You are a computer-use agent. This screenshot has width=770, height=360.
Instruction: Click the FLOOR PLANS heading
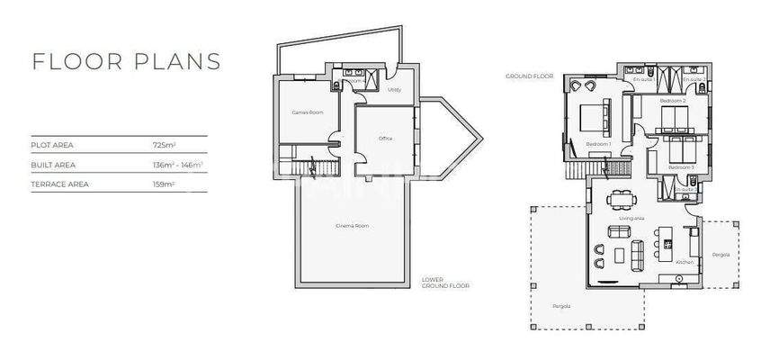126,61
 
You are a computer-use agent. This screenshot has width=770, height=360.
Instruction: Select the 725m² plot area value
165,144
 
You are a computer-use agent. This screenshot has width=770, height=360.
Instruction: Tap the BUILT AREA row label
53,165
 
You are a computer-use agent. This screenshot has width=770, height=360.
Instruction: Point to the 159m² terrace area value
165,184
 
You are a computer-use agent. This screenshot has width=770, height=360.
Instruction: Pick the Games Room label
307,112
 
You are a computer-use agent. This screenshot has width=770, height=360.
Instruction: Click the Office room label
386,139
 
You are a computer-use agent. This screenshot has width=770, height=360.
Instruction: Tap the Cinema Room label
351,225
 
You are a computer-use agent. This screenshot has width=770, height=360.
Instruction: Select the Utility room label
394,90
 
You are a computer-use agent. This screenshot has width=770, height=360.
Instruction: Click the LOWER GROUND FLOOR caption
445,283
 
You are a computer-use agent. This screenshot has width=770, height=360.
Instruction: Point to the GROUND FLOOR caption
529,76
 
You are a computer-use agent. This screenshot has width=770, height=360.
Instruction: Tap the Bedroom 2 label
673,102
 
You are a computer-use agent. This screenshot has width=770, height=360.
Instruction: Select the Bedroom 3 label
682,167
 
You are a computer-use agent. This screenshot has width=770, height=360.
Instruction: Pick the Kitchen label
684,262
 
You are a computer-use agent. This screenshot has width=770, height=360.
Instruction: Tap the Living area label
631,218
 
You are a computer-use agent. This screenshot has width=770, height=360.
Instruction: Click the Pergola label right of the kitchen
721,255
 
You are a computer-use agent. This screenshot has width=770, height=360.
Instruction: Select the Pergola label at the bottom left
560,305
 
